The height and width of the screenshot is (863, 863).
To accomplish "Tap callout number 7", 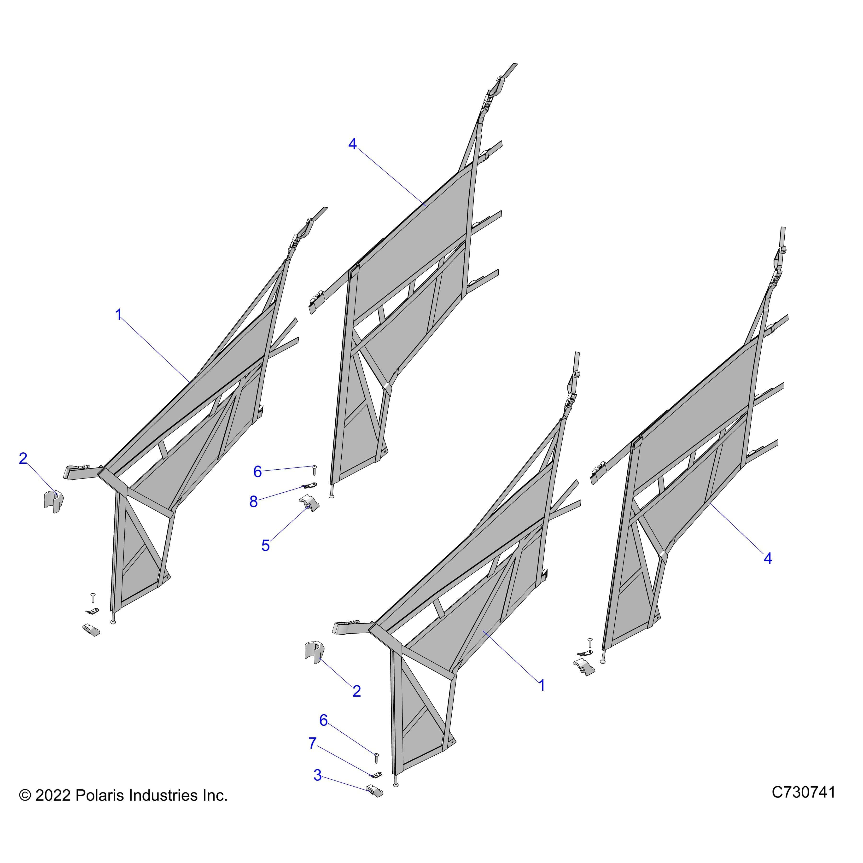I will (x=313, y=743).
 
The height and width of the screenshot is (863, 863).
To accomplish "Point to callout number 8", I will (x=254, y=502).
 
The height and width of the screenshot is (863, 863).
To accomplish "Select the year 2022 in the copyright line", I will (x=53, y=808).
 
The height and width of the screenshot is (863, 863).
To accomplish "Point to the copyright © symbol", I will (x=25, y=808).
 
